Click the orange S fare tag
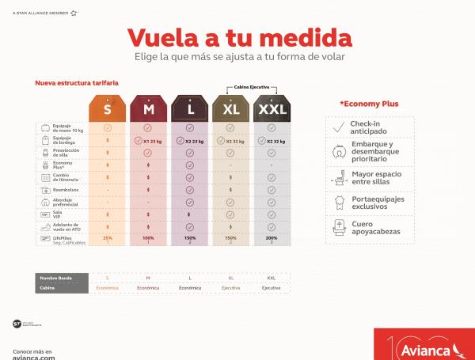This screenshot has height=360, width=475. point(107,108)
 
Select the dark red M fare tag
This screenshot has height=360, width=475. point(148,108)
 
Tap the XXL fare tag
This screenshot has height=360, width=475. point(272,108)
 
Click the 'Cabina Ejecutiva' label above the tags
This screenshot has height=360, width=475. point(251,87)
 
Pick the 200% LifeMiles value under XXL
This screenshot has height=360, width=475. point(272,237)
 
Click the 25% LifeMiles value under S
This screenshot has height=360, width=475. point(107,237)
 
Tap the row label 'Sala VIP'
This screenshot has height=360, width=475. point(60,214)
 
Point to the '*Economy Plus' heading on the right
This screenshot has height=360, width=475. point(369,104)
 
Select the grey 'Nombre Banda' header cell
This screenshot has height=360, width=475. point(59,278)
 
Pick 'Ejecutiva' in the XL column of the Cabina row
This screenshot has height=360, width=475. point(230,289)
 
